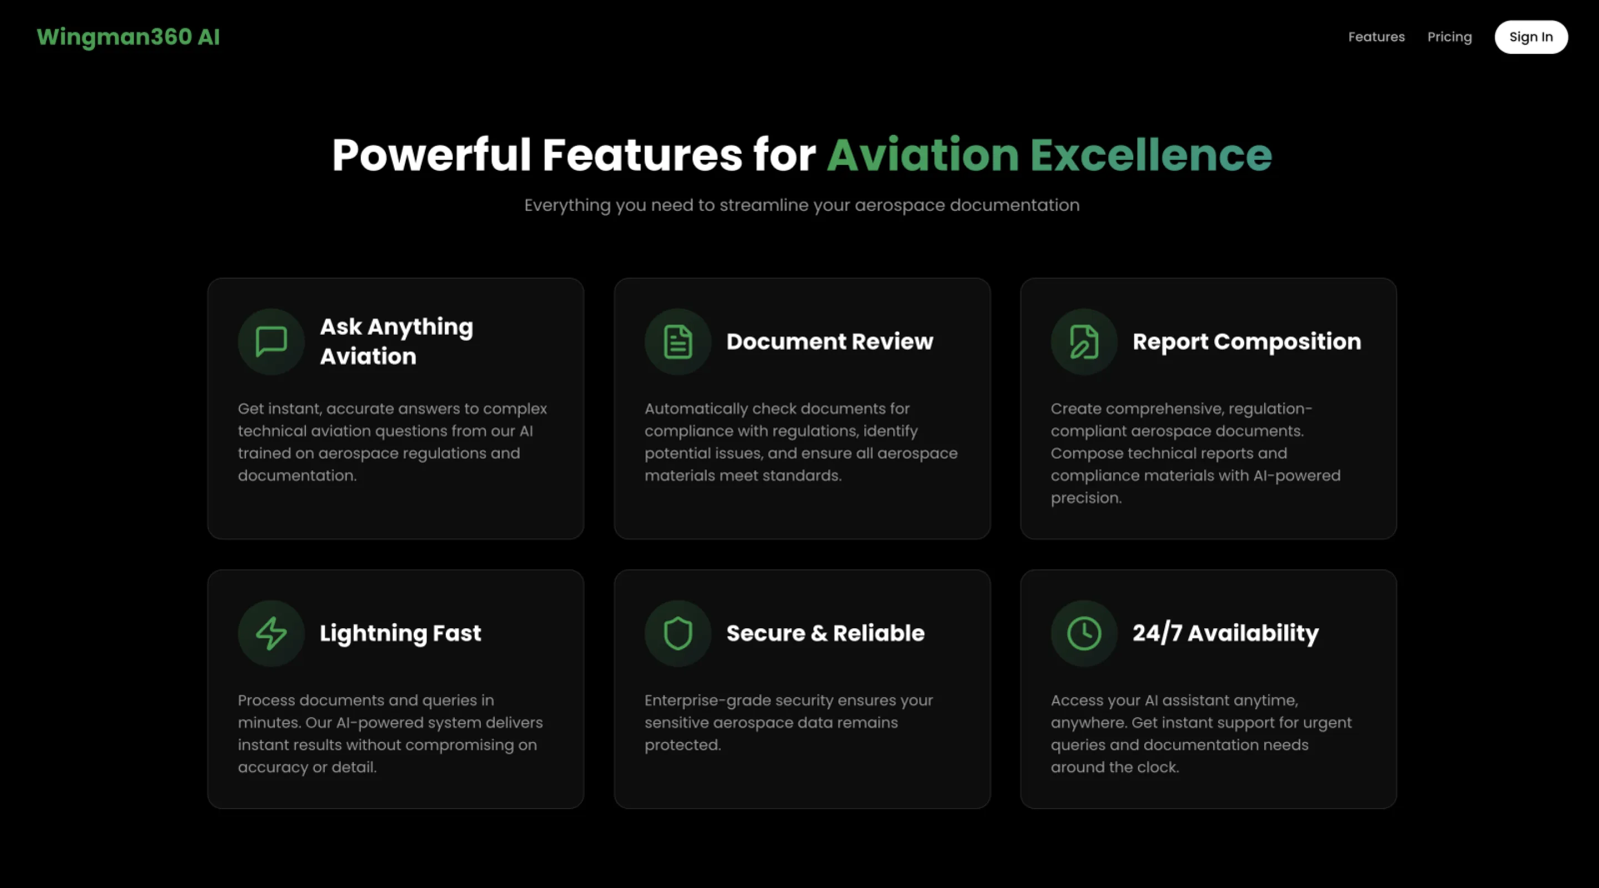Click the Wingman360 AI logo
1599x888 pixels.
pyautogui.click(x=128, y=37)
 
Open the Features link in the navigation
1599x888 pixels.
pyautogui.click(x=1376, y=37)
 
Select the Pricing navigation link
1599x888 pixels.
pyautogui.click(x=1450, y=37)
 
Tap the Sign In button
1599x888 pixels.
pyautogui.click(x=1531, y=37)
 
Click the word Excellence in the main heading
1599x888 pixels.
pyautogui.click(x=1151, y=155)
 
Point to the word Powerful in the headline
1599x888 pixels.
pyautogui.click(x=431, y=155)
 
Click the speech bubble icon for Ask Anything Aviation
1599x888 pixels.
pyautogui.click(x=271, y=341)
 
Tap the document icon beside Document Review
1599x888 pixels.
pyautogui.click(x=678, y=341)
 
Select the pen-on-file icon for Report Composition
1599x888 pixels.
pyautogui.click(x=1084, y=341)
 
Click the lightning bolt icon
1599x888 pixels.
pyautogui.click(x=271, y=633)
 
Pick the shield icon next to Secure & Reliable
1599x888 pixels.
pyautogui.click(x=678, y=633)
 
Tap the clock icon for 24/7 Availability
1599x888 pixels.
pyautogui.click(x=1084, y=633)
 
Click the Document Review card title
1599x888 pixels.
pyautogui.click(x=829, y=341)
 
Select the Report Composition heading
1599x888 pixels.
pyautogui.click(x=1246, y=341)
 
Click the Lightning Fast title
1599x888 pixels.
pyautogui.click(x=400, y=633)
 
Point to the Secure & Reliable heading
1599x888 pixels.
pyautogui.click(x=825, y=633)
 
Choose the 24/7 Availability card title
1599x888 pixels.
pyautogui.click(x=1225, y=633)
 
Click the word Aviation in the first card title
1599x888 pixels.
pyautogui.click(x=368, y=356)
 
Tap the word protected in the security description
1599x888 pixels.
pyautogui.click(x=682, y=745)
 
